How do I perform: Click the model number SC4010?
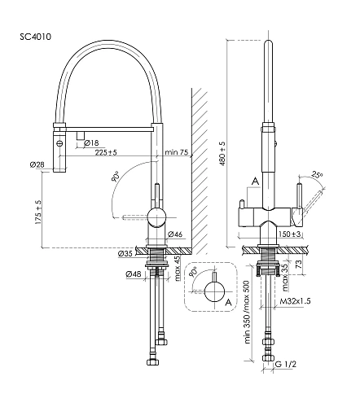(x=35, y=37)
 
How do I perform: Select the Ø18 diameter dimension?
(x=91, y=142)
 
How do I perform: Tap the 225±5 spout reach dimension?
(x=106, y=152)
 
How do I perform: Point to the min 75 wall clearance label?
(x=177, y=152)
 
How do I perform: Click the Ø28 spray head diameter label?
(x=37, y=164)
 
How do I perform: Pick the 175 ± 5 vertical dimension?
(x=38, y=212)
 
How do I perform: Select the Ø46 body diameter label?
(x=175, y=234)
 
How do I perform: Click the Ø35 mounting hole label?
(x=125, y=253)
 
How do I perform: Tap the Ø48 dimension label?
(x=134, y=274)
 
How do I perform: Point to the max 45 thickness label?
(x=177, y=269)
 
